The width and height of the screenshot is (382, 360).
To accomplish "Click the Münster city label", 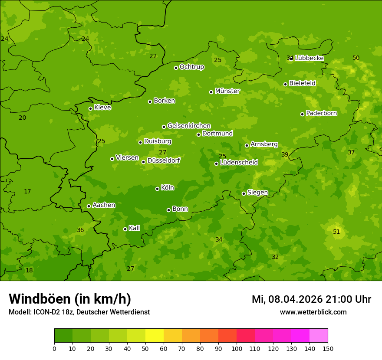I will [x=227, y=91].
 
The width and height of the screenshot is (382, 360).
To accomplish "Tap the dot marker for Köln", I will [x=157, y=189].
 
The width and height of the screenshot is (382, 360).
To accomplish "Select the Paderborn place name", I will [x=322, y=113].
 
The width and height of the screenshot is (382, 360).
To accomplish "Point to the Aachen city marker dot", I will [x=89, y=206].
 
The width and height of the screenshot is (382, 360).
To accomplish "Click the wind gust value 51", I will [x=336, y=232].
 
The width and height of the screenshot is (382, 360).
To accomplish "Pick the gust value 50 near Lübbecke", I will [x=356, y=58].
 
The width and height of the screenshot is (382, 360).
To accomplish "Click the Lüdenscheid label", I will [x=239, y=163].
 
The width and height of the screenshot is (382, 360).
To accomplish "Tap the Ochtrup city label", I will [x=192, y=67].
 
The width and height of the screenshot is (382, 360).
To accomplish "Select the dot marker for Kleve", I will [x=90, y=108].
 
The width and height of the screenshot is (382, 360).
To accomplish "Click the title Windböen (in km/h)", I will [x=70, y=299].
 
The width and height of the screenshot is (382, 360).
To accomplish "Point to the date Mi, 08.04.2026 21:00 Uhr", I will [x=311, y=299].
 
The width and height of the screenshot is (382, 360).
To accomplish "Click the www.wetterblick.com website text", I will [x=313, y=312].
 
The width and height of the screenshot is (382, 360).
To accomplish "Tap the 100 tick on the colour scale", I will [x=237, y=348].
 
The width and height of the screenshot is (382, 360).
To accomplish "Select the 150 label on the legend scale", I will [x=328, y=348].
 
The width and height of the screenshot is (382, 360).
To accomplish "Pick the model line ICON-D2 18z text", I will [x=79, y=312].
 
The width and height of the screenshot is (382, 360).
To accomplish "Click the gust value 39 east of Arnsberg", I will [x=285, y=154].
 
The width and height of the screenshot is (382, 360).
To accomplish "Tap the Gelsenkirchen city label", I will [x=189, y=126].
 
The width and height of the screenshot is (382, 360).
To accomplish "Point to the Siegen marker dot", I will [x=244, y=193].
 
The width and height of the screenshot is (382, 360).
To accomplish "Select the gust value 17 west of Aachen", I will [x=27, y=191].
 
